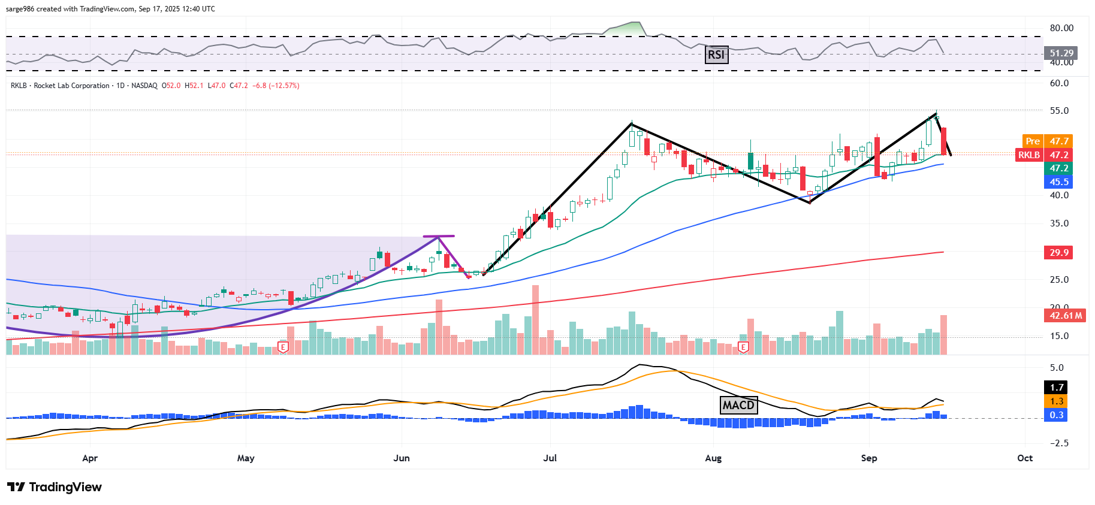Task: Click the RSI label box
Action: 716,55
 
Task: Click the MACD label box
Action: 738,405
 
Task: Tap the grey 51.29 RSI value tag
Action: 1061,53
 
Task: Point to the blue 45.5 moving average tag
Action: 1058,182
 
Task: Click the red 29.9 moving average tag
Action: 1058,252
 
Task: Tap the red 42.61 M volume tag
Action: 1065,315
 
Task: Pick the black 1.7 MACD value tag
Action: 1057,388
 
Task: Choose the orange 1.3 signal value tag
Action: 1057,401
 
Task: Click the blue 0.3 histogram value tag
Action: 1057,415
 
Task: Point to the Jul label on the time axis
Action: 550,458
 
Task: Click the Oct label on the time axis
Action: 1025,458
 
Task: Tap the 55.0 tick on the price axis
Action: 1059,111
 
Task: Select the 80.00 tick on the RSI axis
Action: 1061,28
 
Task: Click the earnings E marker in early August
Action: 743,347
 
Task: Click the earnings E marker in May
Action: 283,347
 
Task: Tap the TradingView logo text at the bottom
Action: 55,487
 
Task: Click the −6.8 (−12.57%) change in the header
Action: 276,86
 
